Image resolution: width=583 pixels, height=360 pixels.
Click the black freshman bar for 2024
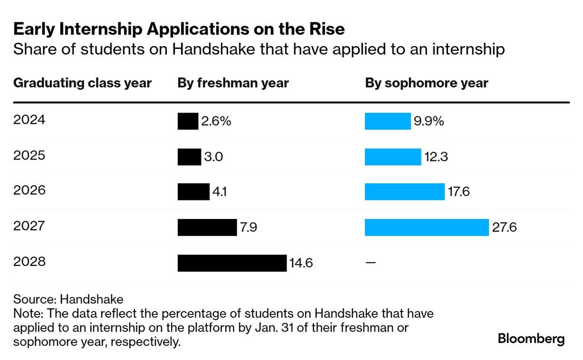point(188,121)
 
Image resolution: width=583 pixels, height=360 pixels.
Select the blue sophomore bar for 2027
point(427,227)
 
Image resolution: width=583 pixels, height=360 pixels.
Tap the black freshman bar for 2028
point(232,263)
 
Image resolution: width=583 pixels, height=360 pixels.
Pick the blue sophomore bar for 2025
point(393,157)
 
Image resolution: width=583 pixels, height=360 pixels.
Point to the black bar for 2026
point(194,192)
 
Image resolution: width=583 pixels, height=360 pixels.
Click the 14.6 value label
point(301,263)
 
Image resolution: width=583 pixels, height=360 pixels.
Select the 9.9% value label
point(429,121)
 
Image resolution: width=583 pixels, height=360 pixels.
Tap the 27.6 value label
point(505,227)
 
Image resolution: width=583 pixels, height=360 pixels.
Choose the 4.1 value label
point(220,192)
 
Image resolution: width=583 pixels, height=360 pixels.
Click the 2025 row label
point(29,155)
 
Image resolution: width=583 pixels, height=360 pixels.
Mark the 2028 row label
point(29,261)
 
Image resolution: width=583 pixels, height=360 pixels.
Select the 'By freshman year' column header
point(233,83)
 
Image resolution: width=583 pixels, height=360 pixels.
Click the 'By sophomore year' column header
point(427,83)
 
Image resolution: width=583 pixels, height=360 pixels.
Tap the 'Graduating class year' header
point(82,83)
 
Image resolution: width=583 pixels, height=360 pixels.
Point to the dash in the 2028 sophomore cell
point(371,263)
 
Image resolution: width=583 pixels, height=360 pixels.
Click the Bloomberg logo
point(531,339)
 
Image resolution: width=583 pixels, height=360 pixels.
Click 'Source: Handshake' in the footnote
point(68,299)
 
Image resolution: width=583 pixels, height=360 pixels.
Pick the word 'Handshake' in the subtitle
point(213,49)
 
